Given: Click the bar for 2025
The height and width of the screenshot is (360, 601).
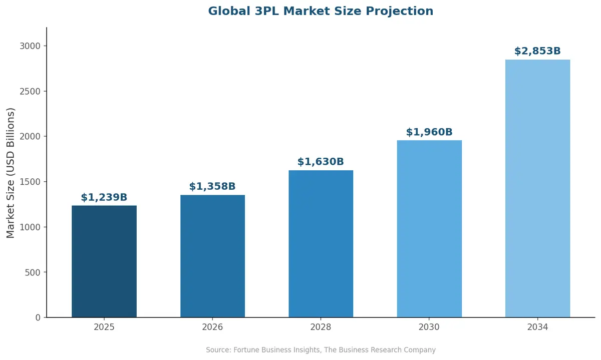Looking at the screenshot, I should (x=104, y=261).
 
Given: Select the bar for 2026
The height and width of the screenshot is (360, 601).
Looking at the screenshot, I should (x=212, y=256).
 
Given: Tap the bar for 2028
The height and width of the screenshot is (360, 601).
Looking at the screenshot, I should (x=321, y=244).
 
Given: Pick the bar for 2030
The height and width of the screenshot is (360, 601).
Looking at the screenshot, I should (x=429, y=229).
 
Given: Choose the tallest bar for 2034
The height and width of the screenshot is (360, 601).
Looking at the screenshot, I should (x=537, y=188).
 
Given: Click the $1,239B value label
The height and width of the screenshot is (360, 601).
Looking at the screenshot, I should (x=104, y=197).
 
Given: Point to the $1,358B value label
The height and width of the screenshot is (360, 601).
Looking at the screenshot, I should (x=212, y=187).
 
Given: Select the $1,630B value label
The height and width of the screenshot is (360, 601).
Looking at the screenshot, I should (x=321, y=162).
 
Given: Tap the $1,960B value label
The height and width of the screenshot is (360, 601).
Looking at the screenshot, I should (x=429, y=132).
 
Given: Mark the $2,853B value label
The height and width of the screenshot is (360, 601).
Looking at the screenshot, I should (x=537, y=51).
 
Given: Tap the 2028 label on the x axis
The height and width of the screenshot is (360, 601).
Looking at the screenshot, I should (x=321, y=327).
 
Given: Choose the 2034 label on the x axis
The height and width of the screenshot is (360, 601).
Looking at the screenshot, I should (x=537, y=327).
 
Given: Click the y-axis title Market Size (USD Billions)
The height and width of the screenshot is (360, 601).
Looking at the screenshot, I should (x=11, y=173).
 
